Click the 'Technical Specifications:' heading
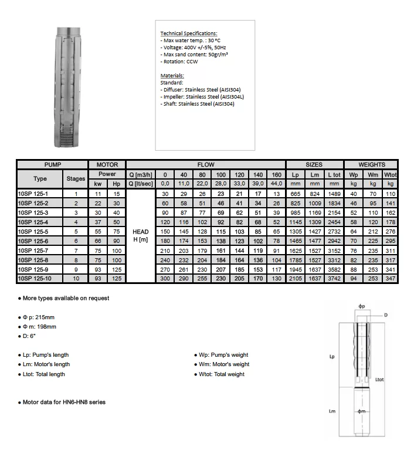tap(189, 33)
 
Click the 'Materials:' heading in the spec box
tap(172, 76)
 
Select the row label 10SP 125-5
tap(33, 232)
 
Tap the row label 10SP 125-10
tap(35, 278)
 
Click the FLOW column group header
tap(205, 165)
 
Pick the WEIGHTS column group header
tap(372, 165)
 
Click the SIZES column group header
tap(314, 165)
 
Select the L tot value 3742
tap(334, 278)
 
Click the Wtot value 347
tap(390, 278)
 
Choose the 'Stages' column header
tap(76, 178)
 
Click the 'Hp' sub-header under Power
tap(116, 184)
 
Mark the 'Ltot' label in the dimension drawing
tap(379, 380)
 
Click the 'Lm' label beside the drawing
tap(332, 411)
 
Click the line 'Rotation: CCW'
tap(181, 62)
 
